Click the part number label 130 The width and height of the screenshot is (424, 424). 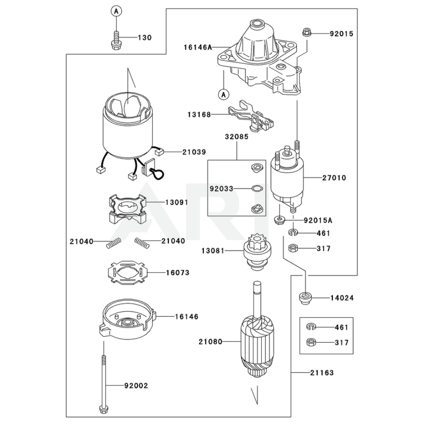click(x=144, y=38)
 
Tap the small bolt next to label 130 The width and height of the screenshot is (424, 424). click(x=115, y=40)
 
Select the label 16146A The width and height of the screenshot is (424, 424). click(x=198, y=47)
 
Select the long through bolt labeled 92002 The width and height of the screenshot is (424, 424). click(x=103, y=382)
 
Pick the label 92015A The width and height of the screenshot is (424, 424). click(x=318, y=220)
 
